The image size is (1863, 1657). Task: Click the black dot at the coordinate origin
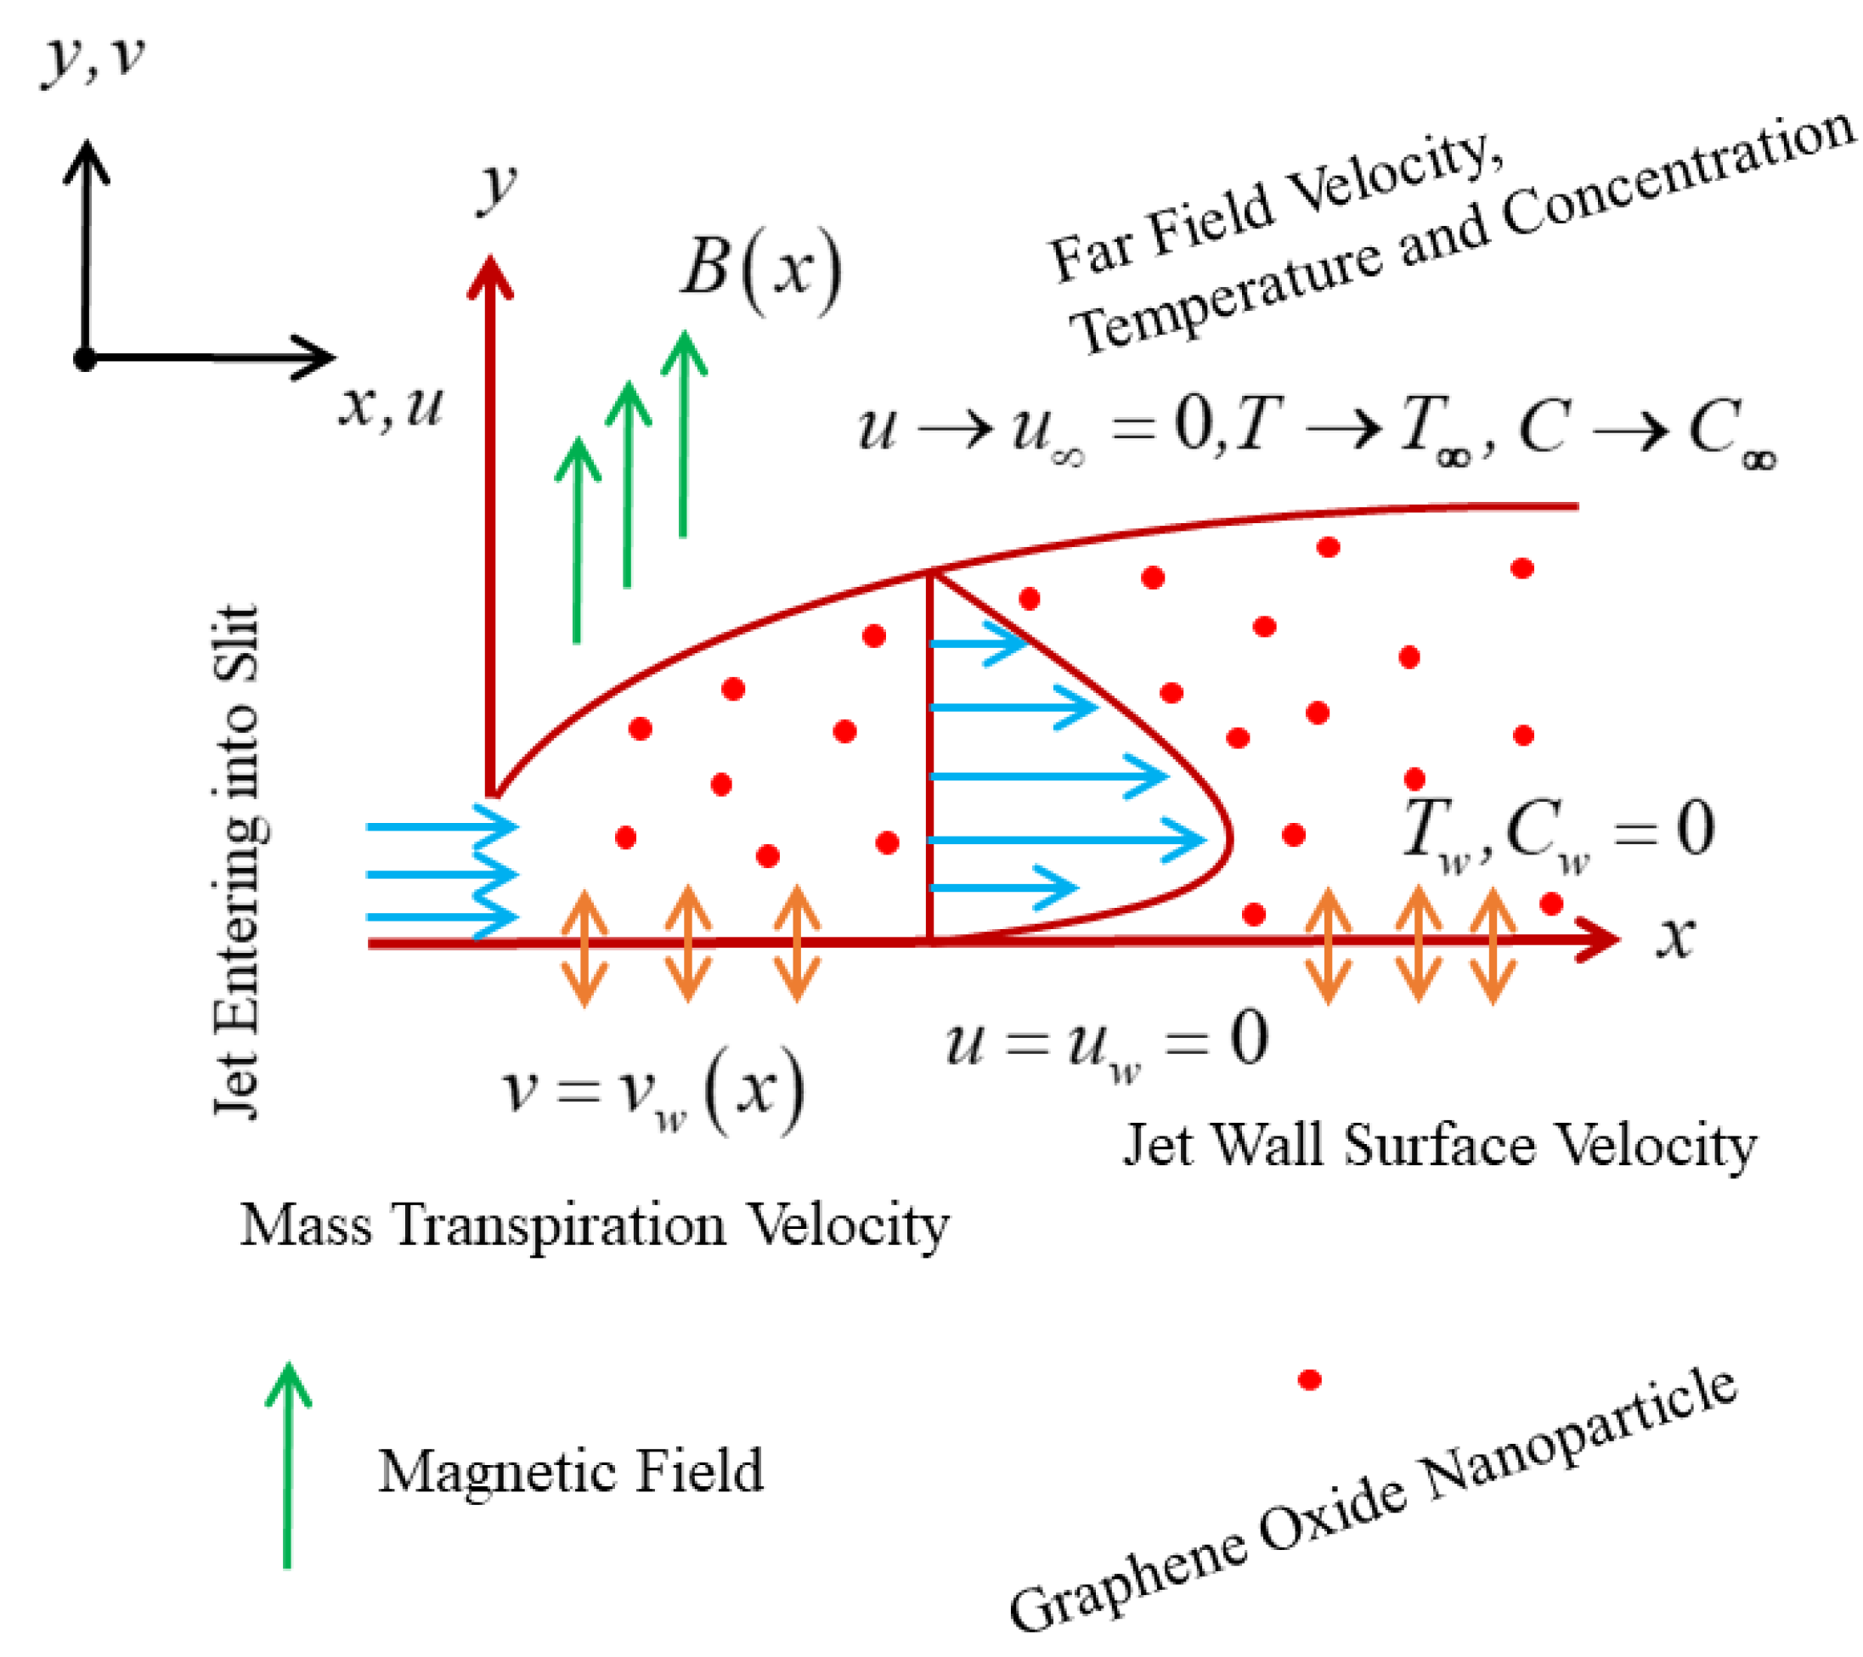coord(85,359)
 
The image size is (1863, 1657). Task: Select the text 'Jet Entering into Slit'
coord(239,860)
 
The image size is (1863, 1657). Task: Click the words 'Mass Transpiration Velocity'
coord(595,1226)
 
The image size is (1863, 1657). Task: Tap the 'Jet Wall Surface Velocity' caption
coord(1439,1146)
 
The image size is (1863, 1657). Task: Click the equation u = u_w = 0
coord(1106,1042)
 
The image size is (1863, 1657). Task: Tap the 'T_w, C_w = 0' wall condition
coord(1558,832)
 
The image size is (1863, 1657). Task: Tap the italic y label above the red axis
coord(497,189)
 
